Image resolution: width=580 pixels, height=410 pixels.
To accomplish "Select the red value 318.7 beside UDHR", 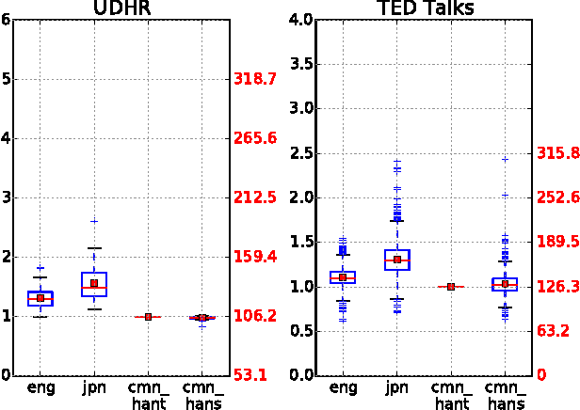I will [254, 80].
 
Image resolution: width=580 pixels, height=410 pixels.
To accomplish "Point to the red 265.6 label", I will [254, 139].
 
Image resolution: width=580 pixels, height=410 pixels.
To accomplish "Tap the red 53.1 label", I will [250, 375].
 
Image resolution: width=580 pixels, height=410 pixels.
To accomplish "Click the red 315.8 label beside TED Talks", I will [556, 153].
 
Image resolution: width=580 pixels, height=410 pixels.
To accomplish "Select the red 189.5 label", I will [556, 242].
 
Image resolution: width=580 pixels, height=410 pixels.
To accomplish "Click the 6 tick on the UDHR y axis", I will [7, 20].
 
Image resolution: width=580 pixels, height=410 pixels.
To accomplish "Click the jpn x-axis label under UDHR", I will [94, 386].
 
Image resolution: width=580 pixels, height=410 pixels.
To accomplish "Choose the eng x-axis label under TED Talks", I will [343, 386].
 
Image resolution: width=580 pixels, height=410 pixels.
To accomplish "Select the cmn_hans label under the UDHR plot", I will [202, 395].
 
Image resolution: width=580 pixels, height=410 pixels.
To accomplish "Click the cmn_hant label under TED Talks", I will [451, 395].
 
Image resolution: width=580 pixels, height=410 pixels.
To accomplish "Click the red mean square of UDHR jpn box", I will [94, 283].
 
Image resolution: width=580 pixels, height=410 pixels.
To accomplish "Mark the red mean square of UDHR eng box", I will [40, 298].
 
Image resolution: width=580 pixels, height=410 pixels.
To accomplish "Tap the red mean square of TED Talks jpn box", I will [397, 260].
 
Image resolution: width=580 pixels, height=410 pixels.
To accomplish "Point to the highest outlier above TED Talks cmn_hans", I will [505, 159].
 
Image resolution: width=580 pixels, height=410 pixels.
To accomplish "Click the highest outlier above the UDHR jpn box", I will [94, 221].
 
